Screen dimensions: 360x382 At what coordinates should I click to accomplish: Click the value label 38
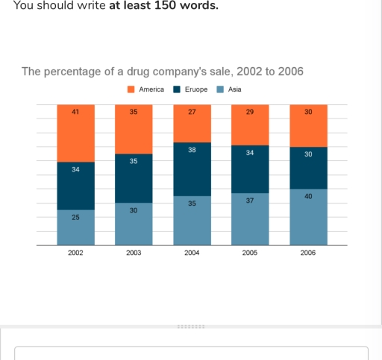tap(192, 150)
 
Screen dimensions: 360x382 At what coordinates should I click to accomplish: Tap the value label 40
tap(307, 195)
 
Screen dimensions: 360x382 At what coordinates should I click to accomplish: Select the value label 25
tap(75, 217)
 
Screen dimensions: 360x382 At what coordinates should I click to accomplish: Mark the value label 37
tap(250, 200)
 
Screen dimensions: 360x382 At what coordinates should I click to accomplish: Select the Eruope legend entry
tap(194, 89)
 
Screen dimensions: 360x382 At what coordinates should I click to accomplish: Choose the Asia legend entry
tap(234, 89)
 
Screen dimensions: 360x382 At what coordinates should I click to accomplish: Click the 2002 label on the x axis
tap(75, 253)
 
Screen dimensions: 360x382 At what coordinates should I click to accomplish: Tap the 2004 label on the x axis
tap(192, 253)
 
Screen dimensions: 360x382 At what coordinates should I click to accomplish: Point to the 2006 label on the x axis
tap(307, 253)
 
